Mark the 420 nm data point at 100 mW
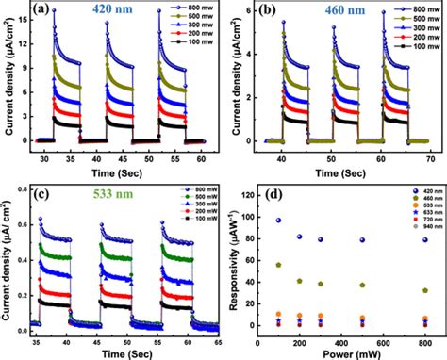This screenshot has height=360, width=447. [x=278, y=220]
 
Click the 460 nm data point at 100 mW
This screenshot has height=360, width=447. [x=278, y=265]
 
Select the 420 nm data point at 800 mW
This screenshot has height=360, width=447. [x=425, y=239]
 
